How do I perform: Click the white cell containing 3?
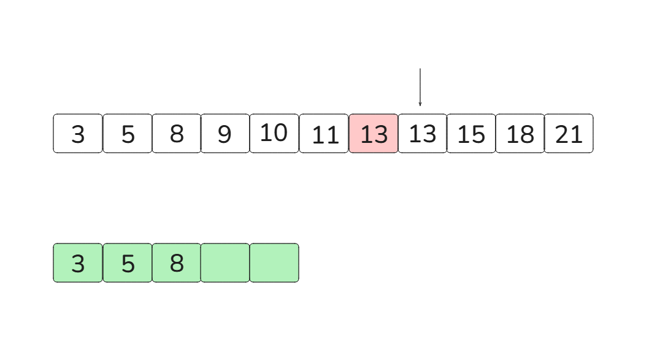pos(78,133)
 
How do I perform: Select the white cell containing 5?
pos(128,133)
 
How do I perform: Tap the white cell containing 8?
pos(177,133)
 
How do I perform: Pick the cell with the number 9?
pos(225,133)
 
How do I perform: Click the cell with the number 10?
pos(274,133)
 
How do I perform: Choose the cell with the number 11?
pos(324,133)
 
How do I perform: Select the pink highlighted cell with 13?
pos(374,133)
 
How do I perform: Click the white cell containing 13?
pos(423,133)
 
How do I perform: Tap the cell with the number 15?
pos(471,133)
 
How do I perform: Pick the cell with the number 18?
pos(520,133)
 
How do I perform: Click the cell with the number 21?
pos(569,133)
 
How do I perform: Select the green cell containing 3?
pos(78,262)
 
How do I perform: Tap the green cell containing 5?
pos(128,262)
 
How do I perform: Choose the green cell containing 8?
pos(177,262)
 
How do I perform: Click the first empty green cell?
pos(225,262)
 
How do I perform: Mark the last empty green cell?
pos(274,262)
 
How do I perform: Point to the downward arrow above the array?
pos(420,86)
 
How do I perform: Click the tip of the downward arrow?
pos(420,105)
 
